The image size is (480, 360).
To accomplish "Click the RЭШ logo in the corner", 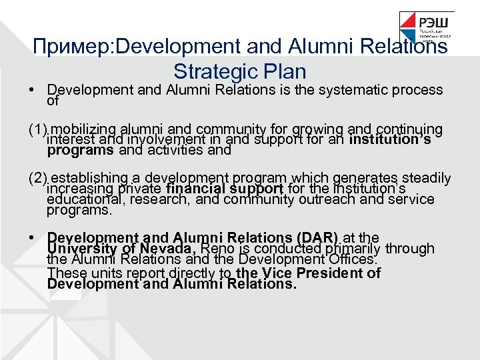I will click(x=427, y=29).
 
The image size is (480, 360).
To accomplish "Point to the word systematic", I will click(x=369, y=89).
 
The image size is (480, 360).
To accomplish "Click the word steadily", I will click(x=426, y=178).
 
